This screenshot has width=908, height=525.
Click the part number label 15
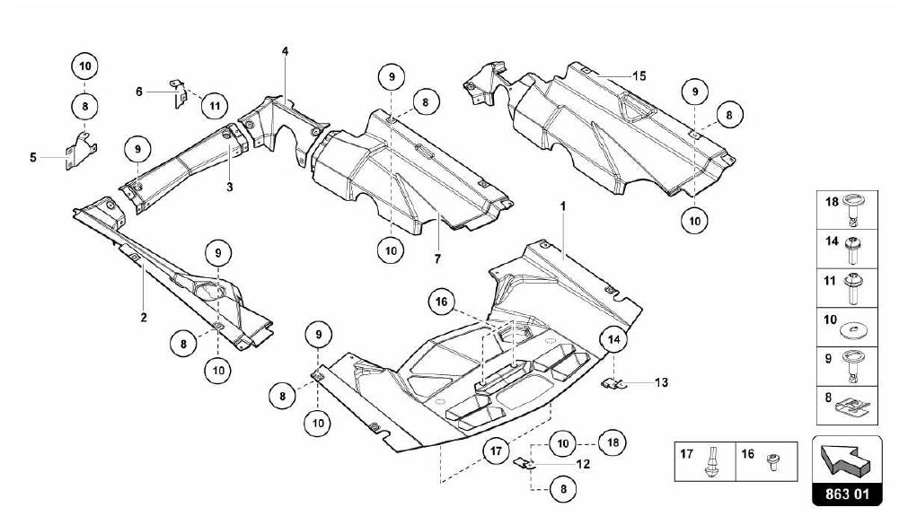click(639, 75)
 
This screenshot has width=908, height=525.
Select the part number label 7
click(437, 259)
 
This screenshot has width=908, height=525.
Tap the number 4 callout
click(285, 51)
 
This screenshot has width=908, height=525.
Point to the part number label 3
click(230, 187)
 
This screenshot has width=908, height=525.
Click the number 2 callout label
click(144, 317)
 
